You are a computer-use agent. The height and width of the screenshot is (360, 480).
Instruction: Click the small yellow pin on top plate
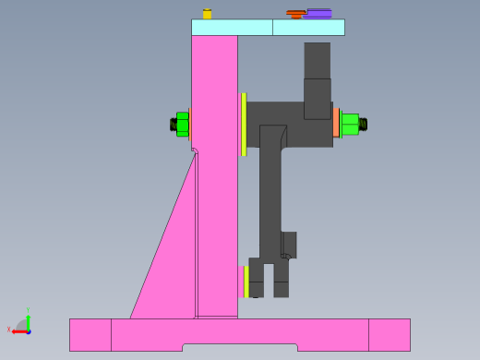[x=207, y=14]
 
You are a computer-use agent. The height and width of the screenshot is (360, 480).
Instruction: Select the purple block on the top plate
[x=319, y=13]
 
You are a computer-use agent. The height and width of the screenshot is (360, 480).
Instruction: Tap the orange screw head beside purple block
[x=295, y=14]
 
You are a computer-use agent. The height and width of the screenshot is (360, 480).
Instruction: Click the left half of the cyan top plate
[x=232, y=28]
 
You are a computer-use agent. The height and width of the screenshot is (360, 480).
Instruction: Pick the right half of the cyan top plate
[x=308, y=28]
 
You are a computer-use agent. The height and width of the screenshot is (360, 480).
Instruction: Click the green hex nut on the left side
[x=183, y=124]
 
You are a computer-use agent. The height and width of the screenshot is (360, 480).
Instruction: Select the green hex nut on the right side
[x=350, y=124]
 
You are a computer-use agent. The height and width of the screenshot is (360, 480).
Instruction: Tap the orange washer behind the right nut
[x=337, y=124]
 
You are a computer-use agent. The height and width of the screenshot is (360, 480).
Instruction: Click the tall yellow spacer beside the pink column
[x=244, y=125]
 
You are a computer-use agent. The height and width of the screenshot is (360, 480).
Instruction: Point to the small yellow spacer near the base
[x=246, y=282]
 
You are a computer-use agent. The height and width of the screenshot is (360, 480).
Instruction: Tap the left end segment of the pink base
[x=90, y=334]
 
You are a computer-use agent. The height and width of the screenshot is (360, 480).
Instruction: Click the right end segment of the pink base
[x=389, y=334]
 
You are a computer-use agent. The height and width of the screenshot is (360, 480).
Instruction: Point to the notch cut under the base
[x=240, y=348]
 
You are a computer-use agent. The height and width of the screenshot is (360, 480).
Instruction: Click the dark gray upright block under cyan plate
[x=317, y=74]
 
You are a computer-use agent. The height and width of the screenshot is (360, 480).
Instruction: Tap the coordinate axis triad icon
[x=22, y=324]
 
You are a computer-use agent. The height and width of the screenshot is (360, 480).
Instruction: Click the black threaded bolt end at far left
[x=173, y=124]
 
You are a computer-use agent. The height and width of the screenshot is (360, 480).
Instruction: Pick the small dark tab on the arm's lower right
[x=289, y=245]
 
